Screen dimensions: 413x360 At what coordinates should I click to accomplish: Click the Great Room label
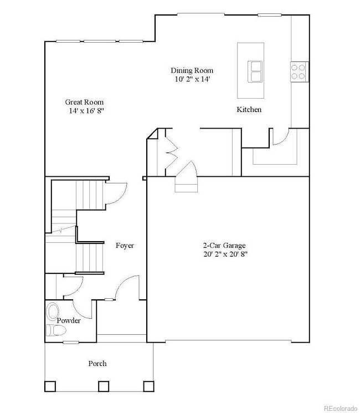(84, 102)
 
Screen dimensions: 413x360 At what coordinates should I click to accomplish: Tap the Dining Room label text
(192, 70)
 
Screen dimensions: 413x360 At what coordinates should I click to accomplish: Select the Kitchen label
(249, 110)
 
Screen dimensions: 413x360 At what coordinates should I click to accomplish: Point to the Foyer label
(125, 245)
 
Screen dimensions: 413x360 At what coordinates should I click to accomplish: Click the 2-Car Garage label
(223, 245)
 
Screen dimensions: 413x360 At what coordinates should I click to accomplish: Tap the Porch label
(97, 364)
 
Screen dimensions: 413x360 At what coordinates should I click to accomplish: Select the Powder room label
(69, 320)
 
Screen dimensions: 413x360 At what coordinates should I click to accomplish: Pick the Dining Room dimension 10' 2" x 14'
(192, 79)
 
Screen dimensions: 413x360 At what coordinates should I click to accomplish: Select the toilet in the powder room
(56, 332)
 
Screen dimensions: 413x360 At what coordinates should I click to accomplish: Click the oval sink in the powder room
(53, 311)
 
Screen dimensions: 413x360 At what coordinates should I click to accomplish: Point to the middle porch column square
(103, 386)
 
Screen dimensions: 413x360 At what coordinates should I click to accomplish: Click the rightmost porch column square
(148, 386)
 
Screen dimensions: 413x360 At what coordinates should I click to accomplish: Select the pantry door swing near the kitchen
(281, 137)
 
